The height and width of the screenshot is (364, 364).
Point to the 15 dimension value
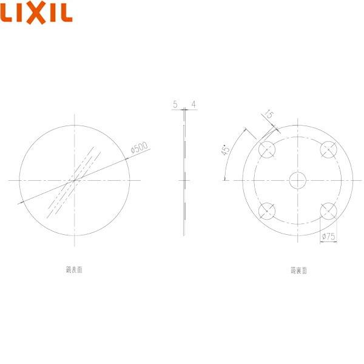[268, 114]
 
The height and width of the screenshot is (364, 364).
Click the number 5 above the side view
[175, 105]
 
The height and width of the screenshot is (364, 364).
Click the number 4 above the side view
[193, 105]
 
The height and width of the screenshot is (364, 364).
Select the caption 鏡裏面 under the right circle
[298, 271]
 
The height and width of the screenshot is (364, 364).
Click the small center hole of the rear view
[298, 180]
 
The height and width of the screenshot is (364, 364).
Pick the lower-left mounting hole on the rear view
[266, 211]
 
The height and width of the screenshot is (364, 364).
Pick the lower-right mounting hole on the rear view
[329, 211]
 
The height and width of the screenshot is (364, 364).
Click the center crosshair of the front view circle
[74, 180]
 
